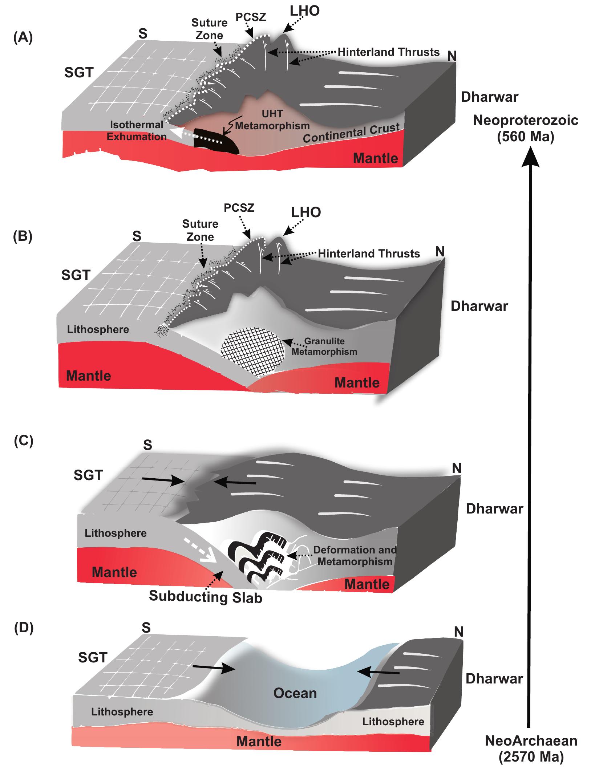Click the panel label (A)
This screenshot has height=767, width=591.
pyautogui.click(x=23, y=38)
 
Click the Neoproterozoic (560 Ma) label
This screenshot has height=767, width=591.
pyautogui.click(x=526, y=129)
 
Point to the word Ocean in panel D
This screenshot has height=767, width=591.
pyautogui.click(x=295, y=693)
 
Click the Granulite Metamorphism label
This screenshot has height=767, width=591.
pyautogui.click(x=324, y=346)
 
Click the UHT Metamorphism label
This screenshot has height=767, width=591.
pyautogui.click(x=272, y=120)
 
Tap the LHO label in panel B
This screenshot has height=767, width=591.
pyautogui.click(x=306, y=212)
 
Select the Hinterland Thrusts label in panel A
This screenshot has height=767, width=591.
pyautogui.click(x=389, y=52)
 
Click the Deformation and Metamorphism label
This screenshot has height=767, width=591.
pyautogui.click(x=355, y=556)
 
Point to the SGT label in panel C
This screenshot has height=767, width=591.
pyautogui.click(x=88, y=475)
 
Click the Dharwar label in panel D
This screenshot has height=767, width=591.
pyautogui.click(x=494, y=678)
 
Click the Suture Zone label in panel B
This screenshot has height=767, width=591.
pyautogui.click(x=200, y=230)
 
